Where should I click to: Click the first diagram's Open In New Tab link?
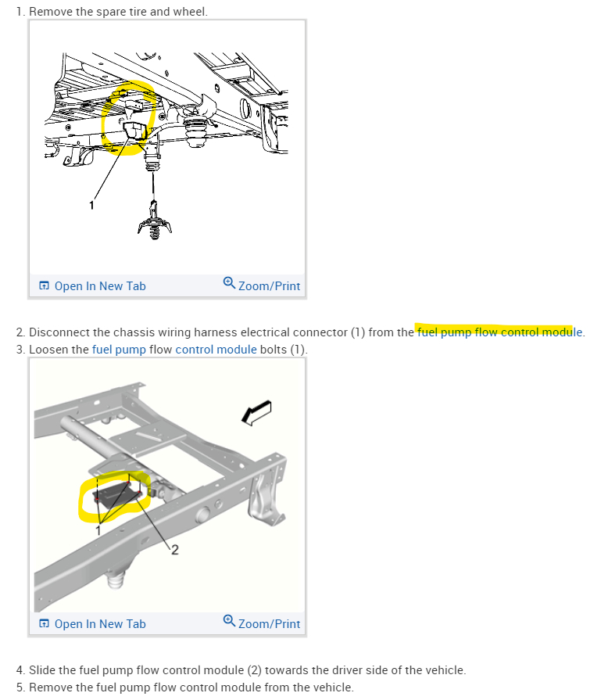pyautogui.click(x=93, y=286)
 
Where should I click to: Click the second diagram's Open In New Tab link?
pyautogui.click(x=93, y=624)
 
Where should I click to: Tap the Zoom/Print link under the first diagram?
pyautogui.click(x=262, y=285)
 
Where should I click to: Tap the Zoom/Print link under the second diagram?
pyautogui.click(x=262, y=623)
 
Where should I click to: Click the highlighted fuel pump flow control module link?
pyautogui.click(x=499, y=332)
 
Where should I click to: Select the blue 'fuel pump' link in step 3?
pyautogui.click(x=119, y=349)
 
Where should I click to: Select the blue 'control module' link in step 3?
pyautogui.click(x=216, y=349)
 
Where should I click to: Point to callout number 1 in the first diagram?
pyautogui.click(x=91, y=206)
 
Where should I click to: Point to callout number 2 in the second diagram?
pyautogui.click(x=175, y=550)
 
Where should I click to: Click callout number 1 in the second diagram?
pyautogui.click(x=98, y=530)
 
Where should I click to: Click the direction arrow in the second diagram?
pyautogui.click(x=256, y=412)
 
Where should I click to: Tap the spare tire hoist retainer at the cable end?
pyautogui.click(x=154, y=221)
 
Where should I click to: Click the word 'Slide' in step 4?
pyautogui.click(x=42, y=670)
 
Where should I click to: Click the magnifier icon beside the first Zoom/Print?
pyautogui.click(x=229, y=283)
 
